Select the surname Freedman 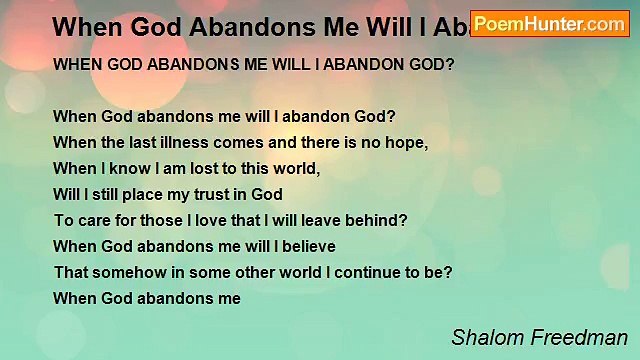583,337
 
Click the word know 117,168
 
